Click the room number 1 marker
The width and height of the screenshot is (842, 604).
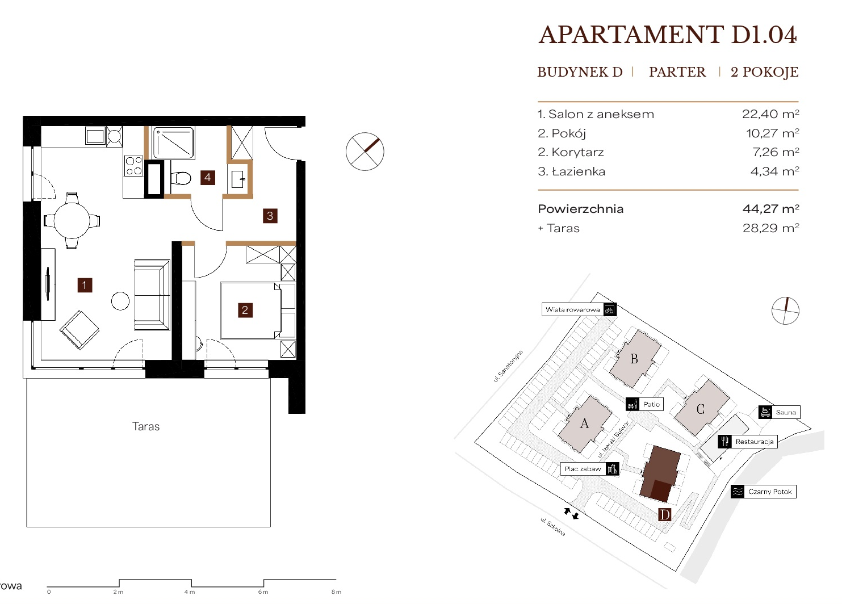point(85,286)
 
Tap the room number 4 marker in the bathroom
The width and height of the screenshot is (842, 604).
point(207,178)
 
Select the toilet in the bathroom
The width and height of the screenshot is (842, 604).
point(181,178)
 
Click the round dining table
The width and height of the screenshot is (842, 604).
point(72,220)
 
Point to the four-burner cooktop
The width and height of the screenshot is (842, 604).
point(134,166)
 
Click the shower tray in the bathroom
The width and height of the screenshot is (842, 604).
point(173,143)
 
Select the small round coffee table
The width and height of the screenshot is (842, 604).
point(120,301)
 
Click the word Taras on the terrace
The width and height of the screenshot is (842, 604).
point(146,426)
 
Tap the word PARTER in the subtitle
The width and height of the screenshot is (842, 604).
point(677,72)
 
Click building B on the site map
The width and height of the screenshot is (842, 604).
point(635,359)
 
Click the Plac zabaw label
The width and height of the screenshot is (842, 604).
point(589,469)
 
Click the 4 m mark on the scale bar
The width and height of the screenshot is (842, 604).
point(190,592)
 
